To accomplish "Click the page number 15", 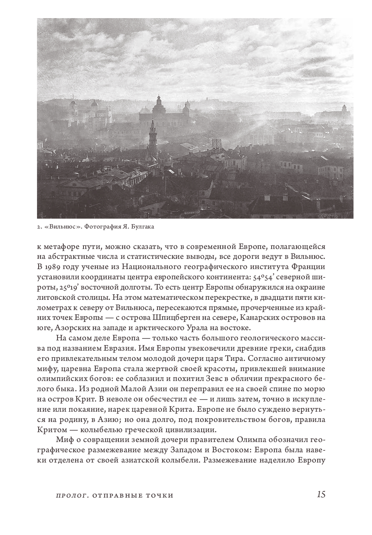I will [321, 495].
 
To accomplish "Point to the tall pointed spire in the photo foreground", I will [152, 130].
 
